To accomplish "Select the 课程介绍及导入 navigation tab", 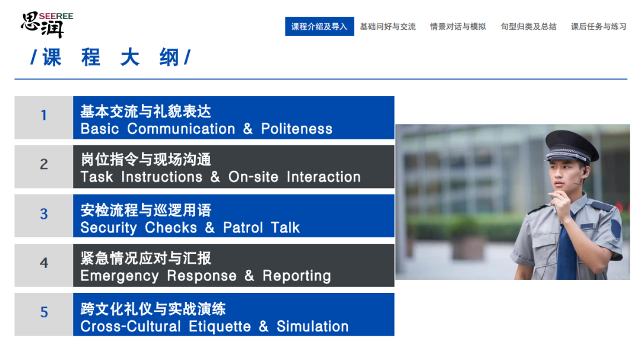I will tap(319, 27).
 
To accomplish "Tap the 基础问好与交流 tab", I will tap(388, 27).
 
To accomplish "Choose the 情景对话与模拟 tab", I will tap(458, 27).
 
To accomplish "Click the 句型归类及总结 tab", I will tap(528, 27).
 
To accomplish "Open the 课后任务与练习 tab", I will tap(598, 27).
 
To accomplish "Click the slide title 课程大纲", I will tap(110, 58).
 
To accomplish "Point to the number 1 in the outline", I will tap(44, 116).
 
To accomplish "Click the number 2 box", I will tap(44, 164).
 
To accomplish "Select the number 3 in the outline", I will tap(44, 214).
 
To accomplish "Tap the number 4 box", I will tap(44, 263).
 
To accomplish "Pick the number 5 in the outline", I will tap(44, 313).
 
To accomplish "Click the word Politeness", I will tap(297, 129).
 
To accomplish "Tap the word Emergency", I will tap(119, 276).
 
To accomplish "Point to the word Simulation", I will tap(312, 327).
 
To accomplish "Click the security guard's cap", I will tap(571, 145).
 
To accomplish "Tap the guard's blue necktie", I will tap(566, 249).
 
